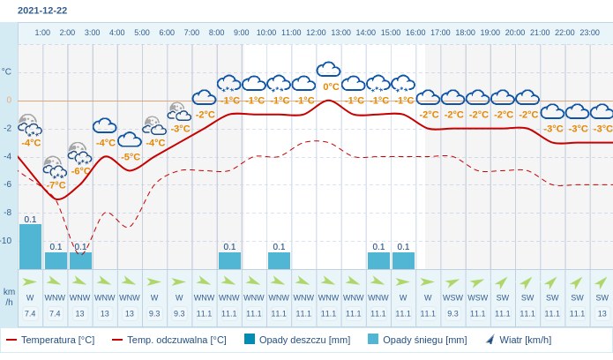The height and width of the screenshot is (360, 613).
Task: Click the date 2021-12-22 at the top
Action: click(x=42, y=11)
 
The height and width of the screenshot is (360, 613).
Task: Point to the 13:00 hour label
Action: click(x=340, y=33)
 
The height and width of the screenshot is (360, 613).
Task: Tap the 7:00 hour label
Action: click(x=191, y=33)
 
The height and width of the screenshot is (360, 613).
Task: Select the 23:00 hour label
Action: click(x=589, y=33)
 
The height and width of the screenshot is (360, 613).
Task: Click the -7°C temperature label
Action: click(x=56, y=185)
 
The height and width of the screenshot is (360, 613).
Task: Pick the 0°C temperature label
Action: click(x=331, y=86)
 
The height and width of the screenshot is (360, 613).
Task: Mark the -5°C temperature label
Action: click(x=131, y=157)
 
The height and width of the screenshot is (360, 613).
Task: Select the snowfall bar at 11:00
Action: click(x=279, y=260)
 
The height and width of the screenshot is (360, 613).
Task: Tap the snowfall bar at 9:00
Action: click(x=229, y=260)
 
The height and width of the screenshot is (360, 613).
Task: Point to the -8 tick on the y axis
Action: click(x=6, y=212)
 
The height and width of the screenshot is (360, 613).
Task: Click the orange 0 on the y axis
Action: click(x=9, y=100)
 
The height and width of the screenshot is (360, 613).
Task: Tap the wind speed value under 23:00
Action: click(x=602, y=313)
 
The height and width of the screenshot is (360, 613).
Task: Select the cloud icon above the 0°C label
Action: click(x=329, y=70)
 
